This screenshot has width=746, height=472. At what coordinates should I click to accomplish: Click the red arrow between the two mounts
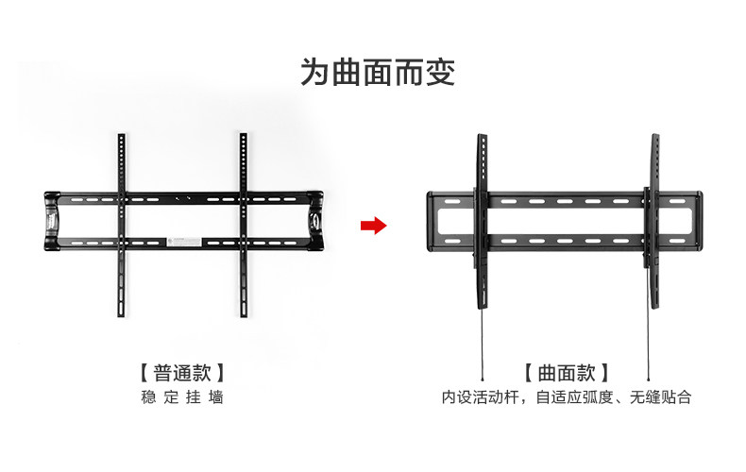(375, 226)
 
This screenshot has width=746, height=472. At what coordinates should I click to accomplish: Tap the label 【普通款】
(181, 372)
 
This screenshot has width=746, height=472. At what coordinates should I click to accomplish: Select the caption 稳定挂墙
(181, 397)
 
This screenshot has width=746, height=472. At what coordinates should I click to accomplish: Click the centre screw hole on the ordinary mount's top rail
(182, 200)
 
